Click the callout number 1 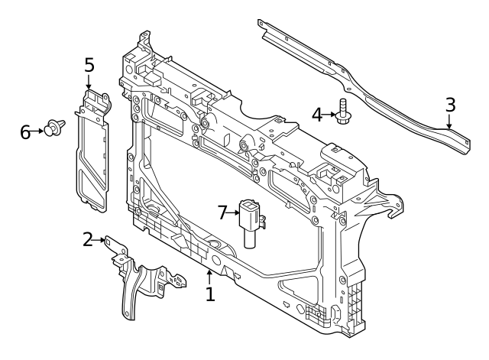click(210, 293)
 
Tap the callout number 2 click(89, 240)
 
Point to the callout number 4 click(317, 115)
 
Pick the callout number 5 click(89, 65)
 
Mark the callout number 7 click(223, 212)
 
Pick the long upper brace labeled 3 click(359, 84)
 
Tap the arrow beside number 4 click(331, 115)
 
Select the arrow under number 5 click(89, 82)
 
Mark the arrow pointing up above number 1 click(210, 275)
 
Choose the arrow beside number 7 click(235, 212)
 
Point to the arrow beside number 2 click(102, 241)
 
